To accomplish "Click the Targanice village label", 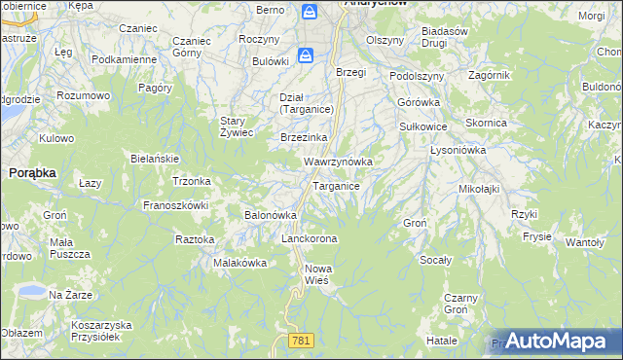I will coord(337,186).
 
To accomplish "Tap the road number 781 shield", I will coord(301,339).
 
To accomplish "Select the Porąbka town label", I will coord(32,171).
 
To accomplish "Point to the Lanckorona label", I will coord(309,238).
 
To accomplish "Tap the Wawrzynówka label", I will coord(339,161).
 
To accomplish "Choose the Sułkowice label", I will coord(423,126).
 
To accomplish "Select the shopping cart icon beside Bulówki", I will coord(306,56).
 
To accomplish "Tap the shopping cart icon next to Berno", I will coord(309,12).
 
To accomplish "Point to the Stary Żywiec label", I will coord(237,126).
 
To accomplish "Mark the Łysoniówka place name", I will coord(458,151).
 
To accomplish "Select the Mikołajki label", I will coord(479,188).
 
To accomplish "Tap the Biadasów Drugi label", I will coord(447,37).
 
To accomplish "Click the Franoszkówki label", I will coord(176,205).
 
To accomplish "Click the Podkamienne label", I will coord(124,59).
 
